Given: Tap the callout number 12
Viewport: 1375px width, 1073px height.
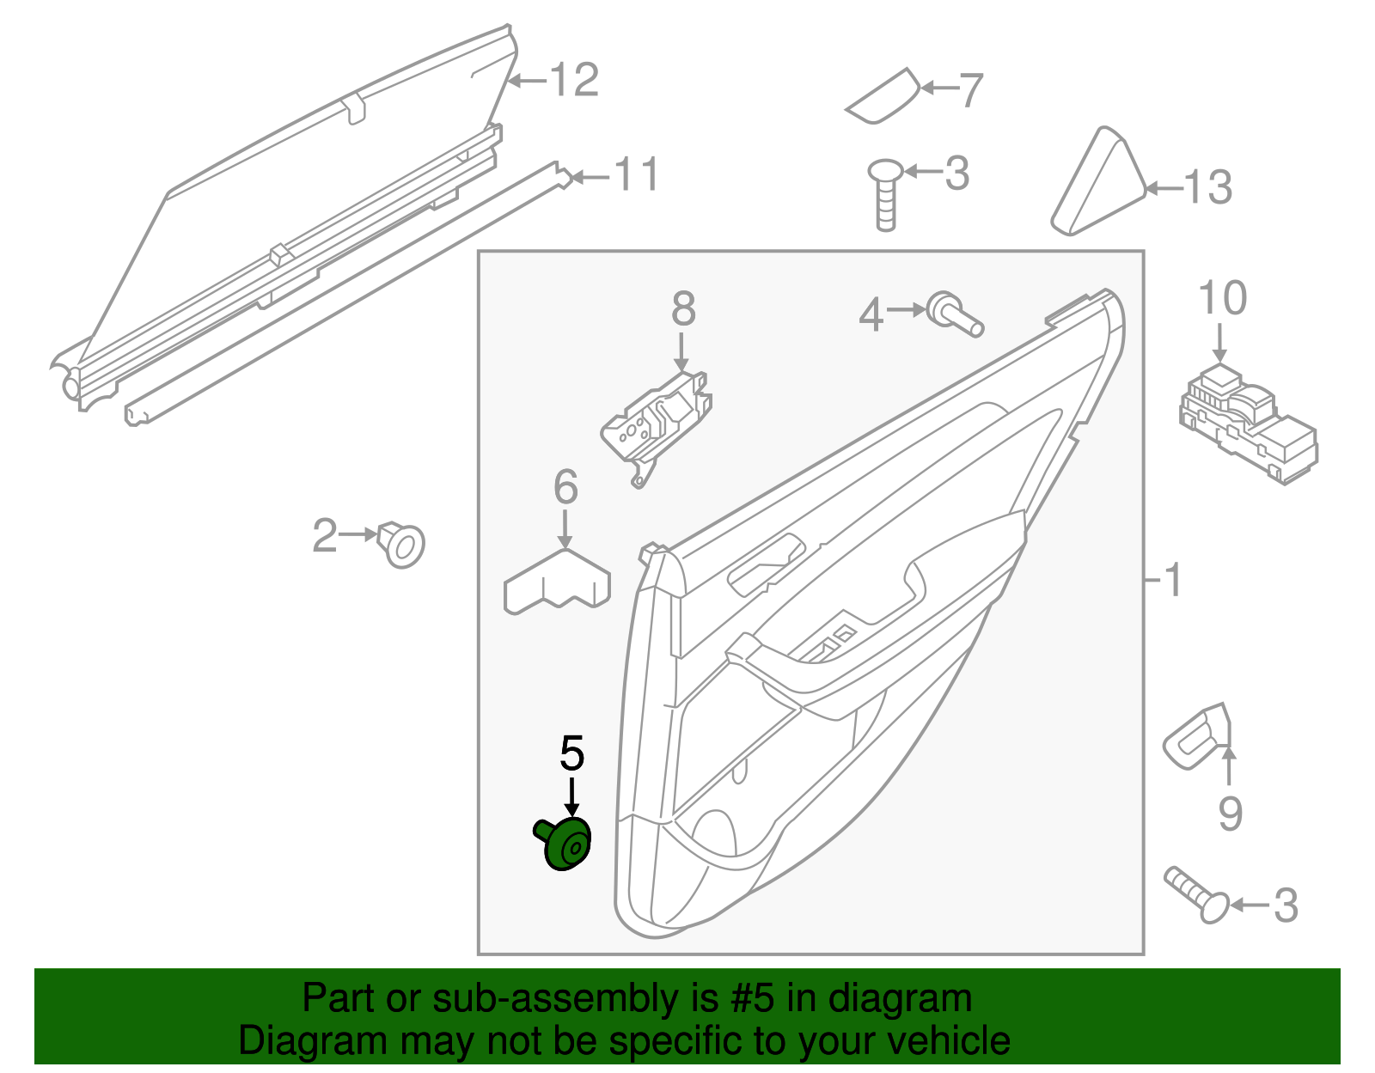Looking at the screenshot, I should coord(573,81).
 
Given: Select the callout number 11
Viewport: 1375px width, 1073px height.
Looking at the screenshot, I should coord(636,175).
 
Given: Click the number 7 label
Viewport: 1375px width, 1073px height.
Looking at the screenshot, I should coord(969,89).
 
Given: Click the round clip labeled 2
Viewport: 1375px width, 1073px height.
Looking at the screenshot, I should coord(402,544).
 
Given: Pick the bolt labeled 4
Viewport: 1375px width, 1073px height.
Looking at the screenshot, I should coord(954,314).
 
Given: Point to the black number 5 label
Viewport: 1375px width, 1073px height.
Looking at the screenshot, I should coord(571,753).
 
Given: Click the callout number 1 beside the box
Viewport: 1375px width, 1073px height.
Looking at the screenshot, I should coord(1173,581).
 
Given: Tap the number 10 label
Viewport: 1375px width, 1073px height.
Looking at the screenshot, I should coord(1222,298).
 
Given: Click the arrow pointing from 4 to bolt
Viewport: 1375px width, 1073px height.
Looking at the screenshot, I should coord(905,309).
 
